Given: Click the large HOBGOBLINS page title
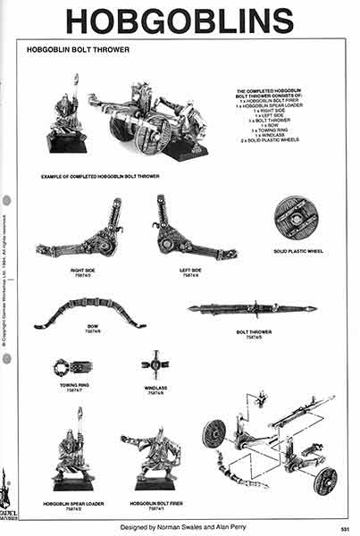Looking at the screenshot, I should [x=180, y=20].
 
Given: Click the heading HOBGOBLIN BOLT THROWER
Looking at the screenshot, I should [x=80, y=50].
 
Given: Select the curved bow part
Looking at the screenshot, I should [x=90, y=313].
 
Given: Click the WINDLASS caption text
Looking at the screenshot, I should [x=155, y=387].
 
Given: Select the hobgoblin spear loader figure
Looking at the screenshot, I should [x=73, y=451].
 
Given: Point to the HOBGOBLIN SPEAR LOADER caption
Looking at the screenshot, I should [x=73, y=504].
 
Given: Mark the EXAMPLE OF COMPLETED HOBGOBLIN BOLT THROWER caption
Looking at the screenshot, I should [x=100, y=177].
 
